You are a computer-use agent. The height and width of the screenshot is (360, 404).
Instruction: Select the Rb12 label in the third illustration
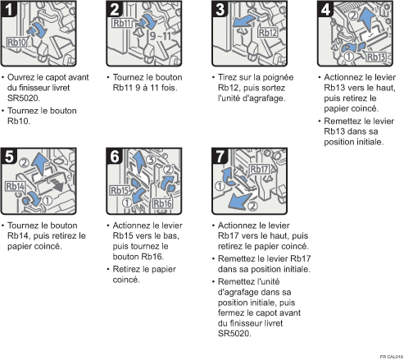(x=269, y=34)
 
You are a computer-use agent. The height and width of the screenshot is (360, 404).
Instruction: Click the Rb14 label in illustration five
(x=16, y=186)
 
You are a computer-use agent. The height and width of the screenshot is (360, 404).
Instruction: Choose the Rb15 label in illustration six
(x=119, y=192)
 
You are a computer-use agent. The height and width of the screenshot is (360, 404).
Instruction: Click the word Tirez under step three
(x=226, y=78)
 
